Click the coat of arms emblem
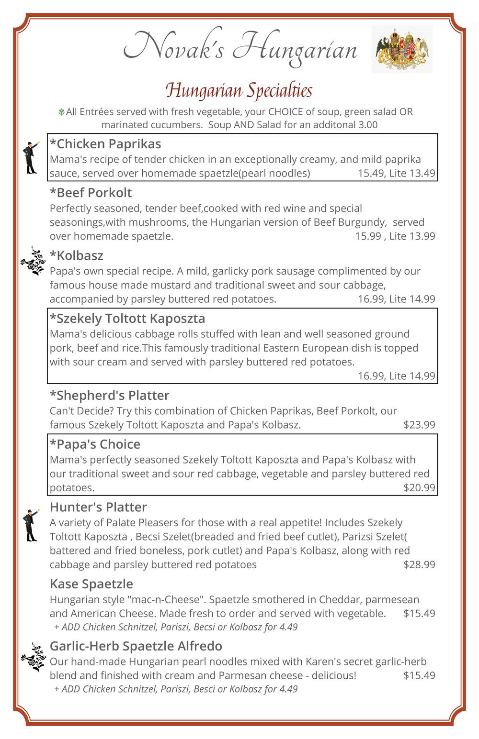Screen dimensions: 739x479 pyautogui.click(x=402, y=49)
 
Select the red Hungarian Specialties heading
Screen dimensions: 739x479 pyautogui.click(x=239, y=90)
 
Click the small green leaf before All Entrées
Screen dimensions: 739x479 pyautogui.click(x=61, y=112)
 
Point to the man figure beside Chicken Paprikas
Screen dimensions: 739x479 pyautogui.click(x=31, y=157)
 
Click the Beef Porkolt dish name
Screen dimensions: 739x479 pyautogui.click(x=91, y=193)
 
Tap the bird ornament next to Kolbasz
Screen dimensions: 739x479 pyautogui.click(x=33, y=261)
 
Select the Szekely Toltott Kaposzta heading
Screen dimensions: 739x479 pyautogui.click(x=127, y=319)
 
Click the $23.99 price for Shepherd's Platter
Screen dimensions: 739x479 pyautogui.click(x=419, y=425)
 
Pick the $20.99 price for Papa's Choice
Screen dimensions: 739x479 pyautogui.click(x=419, y=488)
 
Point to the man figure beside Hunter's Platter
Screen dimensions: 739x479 pyautogui.click(x=31, y=525)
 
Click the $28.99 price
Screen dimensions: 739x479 pyautogui.click(x=419, y=564)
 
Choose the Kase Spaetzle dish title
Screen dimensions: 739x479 pyautogui.click(x=91, y=584)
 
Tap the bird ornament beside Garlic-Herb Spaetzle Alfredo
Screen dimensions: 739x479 pyautogui.click(x=33, y=657)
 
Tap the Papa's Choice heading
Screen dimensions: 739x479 pyautogui.click(x=95, y=444)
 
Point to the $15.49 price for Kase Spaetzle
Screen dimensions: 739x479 pyautogui.click(x=419, y=614)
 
